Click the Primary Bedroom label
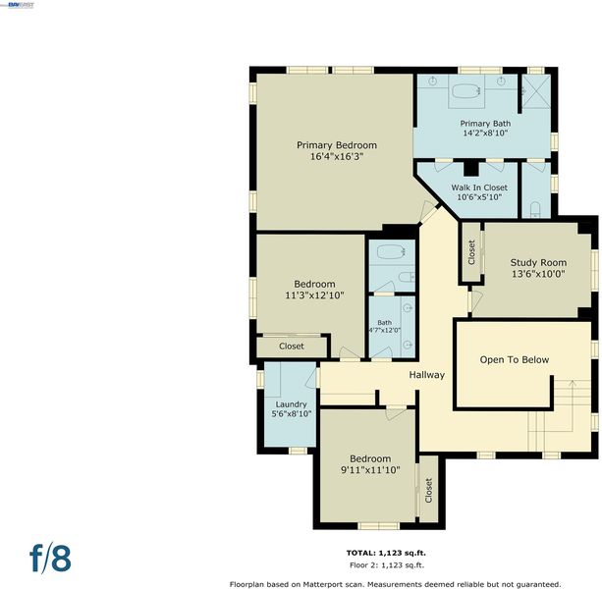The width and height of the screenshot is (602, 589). pos(337,145)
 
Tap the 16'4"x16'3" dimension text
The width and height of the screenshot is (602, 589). pos(337,156)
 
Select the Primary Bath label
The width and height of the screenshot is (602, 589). pos(485,124)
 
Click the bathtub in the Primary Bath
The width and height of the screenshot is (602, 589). pos(466,91)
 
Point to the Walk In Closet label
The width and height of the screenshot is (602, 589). pos(479,187)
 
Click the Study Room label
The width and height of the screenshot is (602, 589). pos(538,263)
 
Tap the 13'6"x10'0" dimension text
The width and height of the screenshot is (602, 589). pos(538,274)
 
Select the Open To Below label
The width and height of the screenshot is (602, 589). pos(515,360)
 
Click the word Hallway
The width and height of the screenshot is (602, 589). pos(427,375)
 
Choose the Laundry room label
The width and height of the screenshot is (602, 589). pos(291,404)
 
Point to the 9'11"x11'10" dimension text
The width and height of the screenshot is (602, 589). pos(370,470)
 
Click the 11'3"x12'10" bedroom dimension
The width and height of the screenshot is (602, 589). pos(314,295)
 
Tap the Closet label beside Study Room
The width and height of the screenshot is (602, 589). pos(471,252)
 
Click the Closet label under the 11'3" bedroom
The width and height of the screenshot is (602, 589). pos(292,347)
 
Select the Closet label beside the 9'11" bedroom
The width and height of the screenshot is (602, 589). pos(428,491)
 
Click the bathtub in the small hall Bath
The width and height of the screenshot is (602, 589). pos(392,252)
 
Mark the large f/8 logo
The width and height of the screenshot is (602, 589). pos(50,559)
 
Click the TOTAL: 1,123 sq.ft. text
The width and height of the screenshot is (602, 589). pos(386,553)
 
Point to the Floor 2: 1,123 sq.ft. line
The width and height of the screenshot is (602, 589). pos(387,564)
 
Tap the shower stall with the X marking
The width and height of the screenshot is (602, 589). pos(536,91)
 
